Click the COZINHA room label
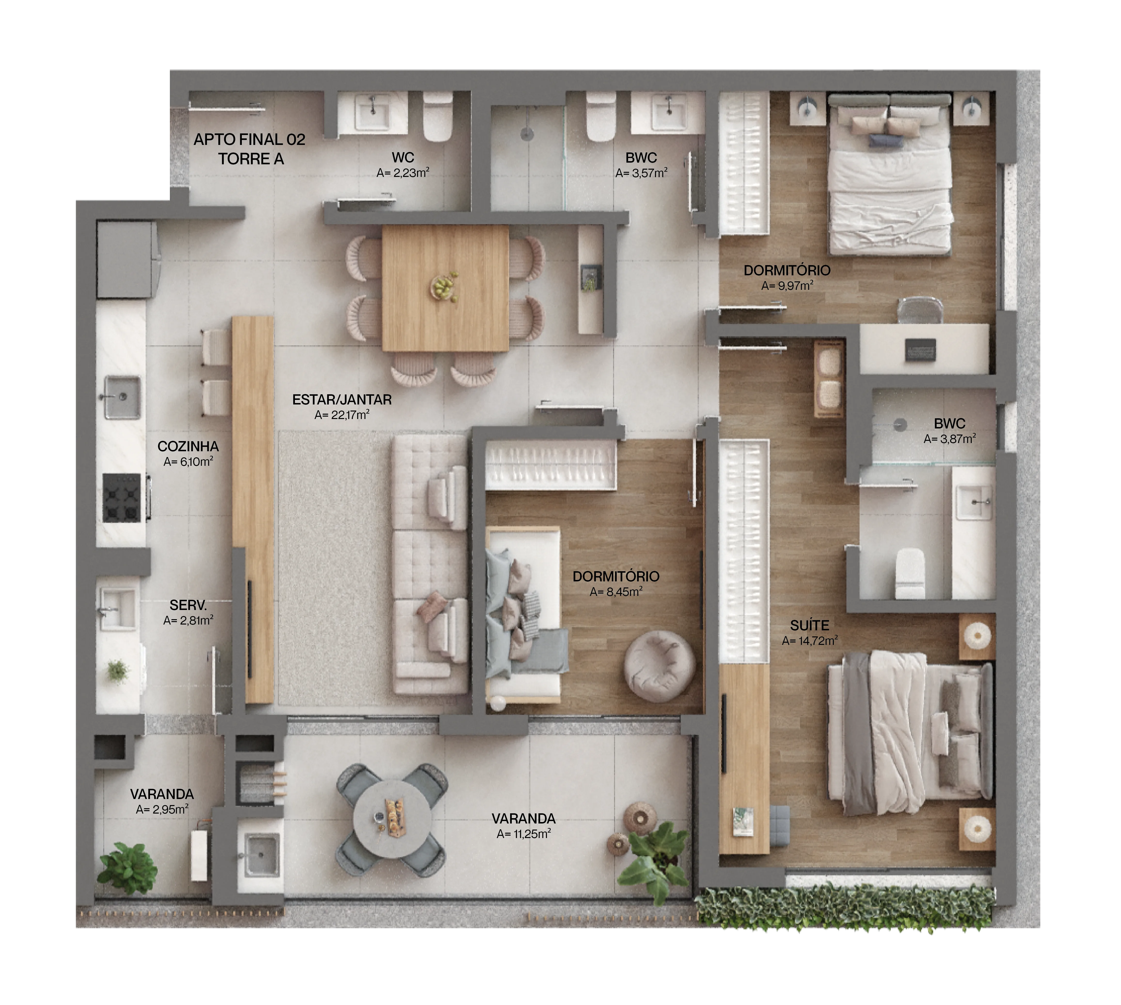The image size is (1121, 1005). pyautogui.click(x=188, y=446)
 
